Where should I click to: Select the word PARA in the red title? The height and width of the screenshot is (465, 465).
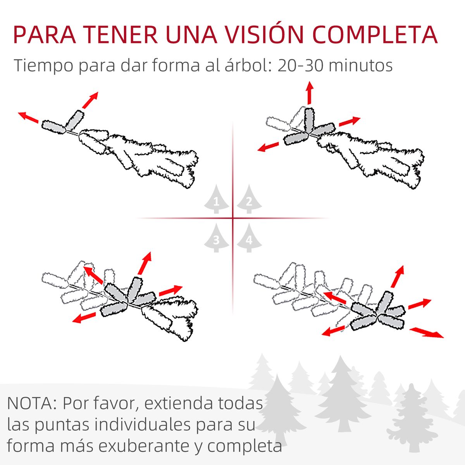pyautogui.click(x=45, y=34)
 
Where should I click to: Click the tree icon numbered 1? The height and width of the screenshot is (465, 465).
pyautogui.click(x=216, y=199)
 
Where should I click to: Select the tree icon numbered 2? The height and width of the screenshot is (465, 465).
pyautogui.click(x=249, y=199)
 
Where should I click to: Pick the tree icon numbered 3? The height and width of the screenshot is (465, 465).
pyautogui.click(x=216, y=238)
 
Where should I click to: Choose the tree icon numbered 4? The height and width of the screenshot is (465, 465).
pyautogui.click(x=249, y=238)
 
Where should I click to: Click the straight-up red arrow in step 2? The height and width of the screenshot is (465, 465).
pyautogui.click(x=309, y=93)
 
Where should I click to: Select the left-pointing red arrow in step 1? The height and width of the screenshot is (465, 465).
pyautogui.click(x=28, y=117)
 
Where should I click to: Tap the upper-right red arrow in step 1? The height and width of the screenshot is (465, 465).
pyautogui.click(x=90, y=100)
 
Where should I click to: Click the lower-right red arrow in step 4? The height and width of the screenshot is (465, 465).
pyautogui.click(x=427, y=333)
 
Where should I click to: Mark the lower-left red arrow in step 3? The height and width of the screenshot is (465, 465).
pyautogui.click(x=84, y=317)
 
